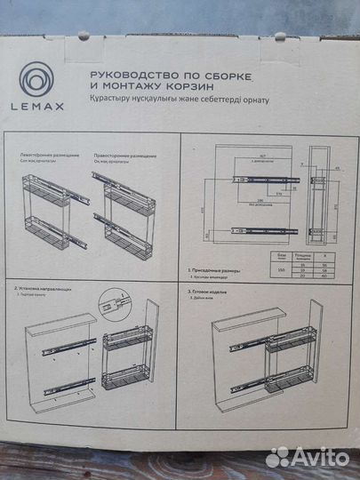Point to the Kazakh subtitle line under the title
click(178, 100)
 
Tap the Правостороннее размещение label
click(120, 154)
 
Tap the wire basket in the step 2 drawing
click(122, 364)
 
